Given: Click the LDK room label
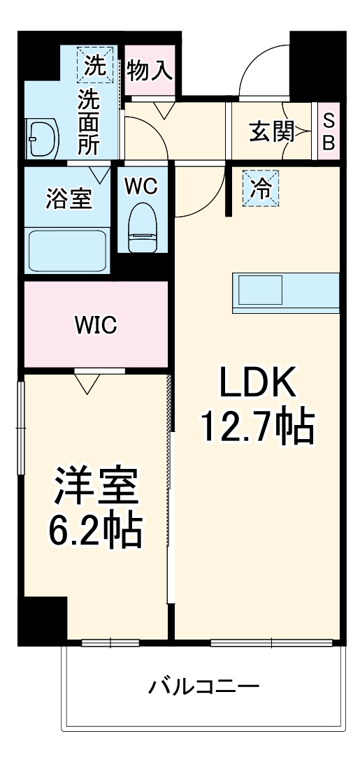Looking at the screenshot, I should [258, 383].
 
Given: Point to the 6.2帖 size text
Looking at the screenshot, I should [96, 533].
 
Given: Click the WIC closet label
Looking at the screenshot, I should [96, 325].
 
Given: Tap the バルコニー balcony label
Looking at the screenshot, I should [204, 686].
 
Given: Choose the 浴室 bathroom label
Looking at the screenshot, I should [69, 199].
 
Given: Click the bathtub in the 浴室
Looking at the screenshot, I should [66, 251].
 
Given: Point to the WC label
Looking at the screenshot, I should [143, 186].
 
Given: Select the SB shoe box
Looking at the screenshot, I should [328, 131].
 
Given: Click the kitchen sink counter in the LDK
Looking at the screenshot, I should [285, 289].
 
